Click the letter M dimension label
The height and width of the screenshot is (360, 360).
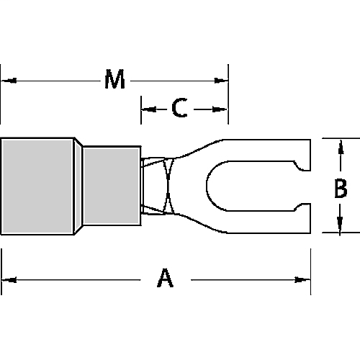pos(114,80)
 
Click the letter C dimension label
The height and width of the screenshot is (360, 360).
pos(180,109)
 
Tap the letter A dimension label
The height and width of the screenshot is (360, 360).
pos(165,279)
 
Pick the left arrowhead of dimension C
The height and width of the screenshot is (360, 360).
pos(147,109)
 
